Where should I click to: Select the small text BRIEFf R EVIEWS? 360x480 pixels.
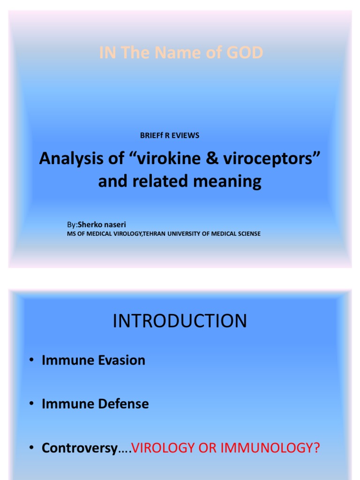point(170,135)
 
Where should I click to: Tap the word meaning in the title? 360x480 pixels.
point(230,181)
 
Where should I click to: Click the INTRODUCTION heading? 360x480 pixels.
point(180,322)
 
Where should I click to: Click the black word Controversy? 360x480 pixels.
point(79,448)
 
